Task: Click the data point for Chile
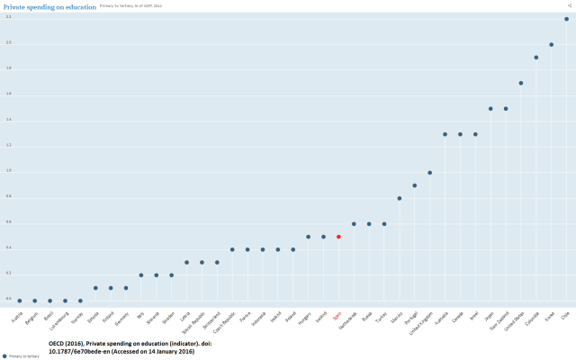tap(566, 19)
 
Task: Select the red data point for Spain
tap(338, 237)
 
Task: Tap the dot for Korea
tap(552, 44)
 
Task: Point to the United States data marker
tap(521, 83)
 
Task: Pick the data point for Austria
tap(20, 301)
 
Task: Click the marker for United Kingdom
tap(429, 173)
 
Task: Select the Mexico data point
tap(400, 198)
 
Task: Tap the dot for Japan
tap(490, 108)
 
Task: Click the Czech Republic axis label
tap(227, 322)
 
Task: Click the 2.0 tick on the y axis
tap(8, 43)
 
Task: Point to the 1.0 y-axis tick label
tap(8, 170)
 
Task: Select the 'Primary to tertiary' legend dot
tap(4, 356)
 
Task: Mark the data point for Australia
tap(445, 134)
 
